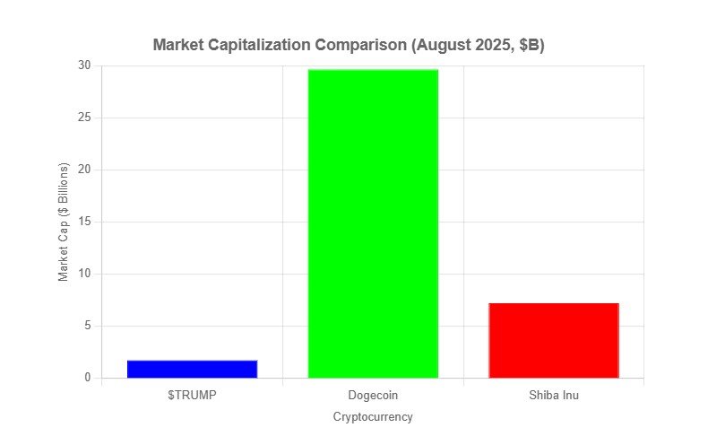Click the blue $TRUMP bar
(192, 369)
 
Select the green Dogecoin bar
(373, 223)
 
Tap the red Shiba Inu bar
(553, 340)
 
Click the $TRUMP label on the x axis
(192, 395)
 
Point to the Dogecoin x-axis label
(373, 395)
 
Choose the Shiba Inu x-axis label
(553, 395)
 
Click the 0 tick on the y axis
(87, 378)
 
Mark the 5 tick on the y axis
(87, 326)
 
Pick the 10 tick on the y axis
(84, 274)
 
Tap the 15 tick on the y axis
(84, 222)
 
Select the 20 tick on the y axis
(84, 170)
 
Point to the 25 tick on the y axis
(84, 118)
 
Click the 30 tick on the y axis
(84, 65)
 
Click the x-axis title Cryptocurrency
(373, 417)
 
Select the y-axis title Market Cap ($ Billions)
(64, 222)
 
